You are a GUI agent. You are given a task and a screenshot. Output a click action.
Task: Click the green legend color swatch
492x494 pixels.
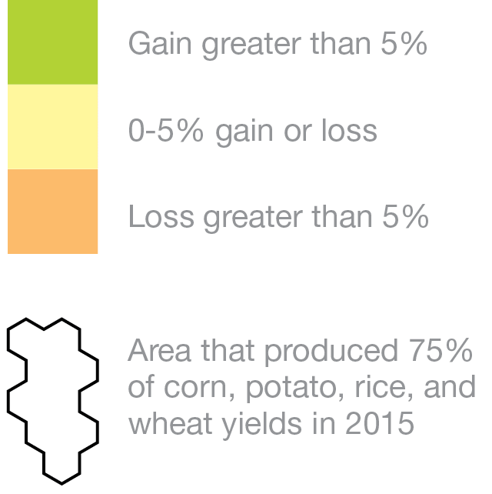(52, 42)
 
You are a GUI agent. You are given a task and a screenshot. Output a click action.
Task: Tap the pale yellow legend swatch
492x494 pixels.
(52, 127)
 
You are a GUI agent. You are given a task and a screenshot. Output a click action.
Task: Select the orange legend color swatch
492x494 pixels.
(52, 212)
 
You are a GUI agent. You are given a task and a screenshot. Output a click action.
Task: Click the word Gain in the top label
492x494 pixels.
(160, 44)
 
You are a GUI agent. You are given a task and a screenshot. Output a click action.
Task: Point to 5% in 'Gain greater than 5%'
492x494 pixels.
(404, 44)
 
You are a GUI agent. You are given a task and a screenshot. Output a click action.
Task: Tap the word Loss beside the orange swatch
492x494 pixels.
(161, 216)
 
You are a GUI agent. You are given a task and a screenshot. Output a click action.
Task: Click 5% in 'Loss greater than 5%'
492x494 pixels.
(405, 216)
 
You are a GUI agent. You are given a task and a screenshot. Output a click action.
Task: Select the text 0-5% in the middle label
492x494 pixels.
(166, 130)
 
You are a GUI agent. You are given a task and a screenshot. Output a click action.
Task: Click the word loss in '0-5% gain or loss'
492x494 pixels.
(349, 130)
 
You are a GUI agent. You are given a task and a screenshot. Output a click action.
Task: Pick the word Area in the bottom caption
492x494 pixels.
(160, 350)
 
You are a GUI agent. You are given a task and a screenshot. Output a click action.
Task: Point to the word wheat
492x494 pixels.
(171, 423)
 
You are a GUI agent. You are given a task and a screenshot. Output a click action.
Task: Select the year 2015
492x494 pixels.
(379, 423)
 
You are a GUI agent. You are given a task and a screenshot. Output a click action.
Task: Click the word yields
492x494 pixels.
(262, 425)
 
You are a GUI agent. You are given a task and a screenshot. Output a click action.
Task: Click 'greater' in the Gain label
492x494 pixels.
(251, 45)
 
